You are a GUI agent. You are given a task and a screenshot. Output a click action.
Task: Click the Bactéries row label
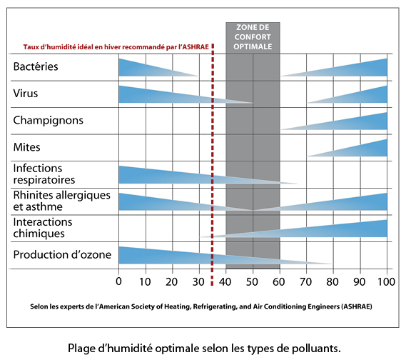point(36,66)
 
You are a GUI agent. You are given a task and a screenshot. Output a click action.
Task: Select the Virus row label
point(26,94)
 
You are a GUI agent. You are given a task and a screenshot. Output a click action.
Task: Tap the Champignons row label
point(48,121)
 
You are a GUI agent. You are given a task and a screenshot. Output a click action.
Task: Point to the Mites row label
point(26,147)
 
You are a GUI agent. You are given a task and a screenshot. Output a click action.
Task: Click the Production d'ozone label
point(62,255)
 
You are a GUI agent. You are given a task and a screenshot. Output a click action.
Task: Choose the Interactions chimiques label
point(43,228)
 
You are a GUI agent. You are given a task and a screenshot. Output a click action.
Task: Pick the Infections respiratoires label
point(44,174)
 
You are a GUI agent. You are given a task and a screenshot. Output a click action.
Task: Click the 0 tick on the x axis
point(118,281)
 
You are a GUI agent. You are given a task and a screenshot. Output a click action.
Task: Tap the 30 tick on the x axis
point(198,281)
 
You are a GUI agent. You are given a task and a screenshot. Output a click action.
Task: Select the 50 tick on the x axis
point(253,281)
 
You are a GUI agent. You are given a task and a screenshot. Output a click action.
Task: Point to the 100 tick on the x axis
point(386,281)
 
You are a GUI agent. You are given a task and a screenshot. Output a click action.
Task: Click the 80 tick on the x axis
point(333,281)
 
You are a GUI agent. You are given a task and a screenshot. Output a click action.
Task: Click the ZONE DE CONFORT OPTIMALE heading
point(253,37)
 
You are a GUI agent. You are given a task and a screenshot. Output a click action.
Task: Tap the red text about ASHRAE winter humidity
point(116,47)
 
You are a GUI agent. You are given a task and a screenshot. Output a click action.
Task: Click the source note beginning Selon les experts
point(201,307)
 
